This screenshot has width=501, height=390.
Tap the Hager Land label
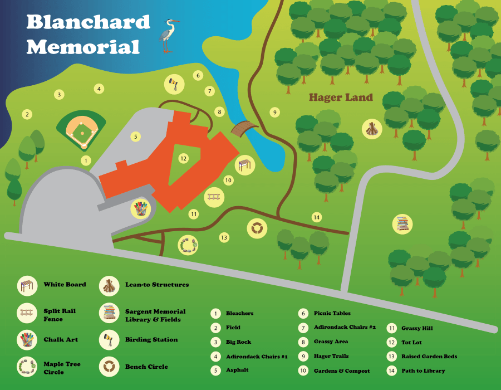[341, 97]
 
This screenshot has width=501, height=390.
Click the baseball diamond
[81, 130]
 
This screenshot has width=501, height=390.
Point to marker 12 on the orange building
[183, 158]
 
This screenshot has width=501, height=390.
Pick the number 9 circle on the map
[274, 113]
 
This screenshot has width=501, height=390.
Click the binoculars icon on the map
[174, 84]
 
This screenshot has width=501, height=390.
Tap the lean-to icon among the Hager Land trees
[372, 129]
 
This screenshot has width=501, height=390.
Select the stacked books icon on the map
[402, 224]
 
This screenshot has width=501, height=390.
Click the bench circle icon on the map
[257, 228]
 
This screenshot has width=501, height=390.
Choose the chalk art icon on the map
[141, 209]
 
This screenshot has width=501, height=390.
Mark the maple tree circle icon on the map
[188, 245]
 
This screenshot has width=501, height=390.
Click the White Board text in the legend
[65, 285]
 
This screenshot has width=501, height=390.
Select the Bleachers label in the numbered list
[239, 314]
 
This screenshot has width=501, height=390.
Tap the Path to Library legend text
[423, 371]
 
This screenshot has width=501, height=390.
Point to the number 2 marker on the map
[26, 114]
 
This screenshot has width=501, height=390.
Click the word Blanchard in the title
[89, 22]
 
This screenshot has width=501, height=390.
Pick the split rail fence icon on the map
[214, 197]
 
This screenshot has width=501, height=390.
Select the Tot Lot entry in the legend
[411, 343]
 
